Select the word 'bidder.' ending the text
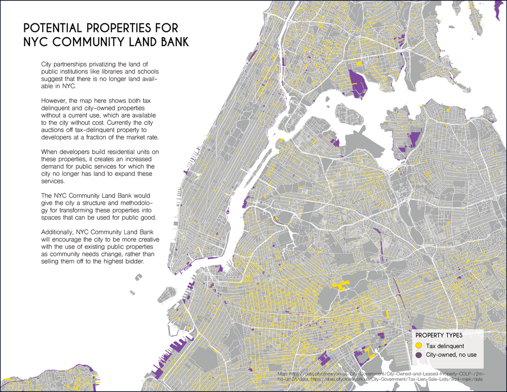[132, 262]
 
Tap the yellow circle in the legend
[419, 345]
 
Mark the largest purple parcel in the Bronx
[357, 81]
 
